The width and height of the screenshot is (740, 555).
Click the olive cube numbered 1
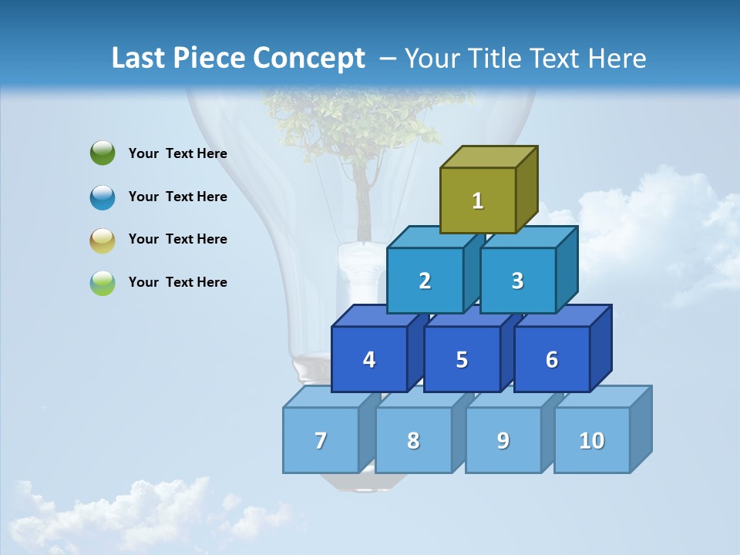coord(478,200)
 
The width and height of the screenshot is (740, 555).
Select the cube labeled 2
coord(425,281)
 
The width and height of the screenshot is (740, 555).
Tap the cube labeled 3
coord(517,281)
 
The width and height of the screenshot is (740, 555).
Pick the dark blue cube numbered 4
coord(369,359)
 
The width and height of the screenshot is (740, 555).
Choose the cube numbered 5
coord(462,359)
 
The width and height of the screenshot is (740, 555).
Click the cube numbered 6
coord(552,359)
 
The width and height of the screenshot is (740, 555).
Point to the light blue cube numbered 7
coord(321,440)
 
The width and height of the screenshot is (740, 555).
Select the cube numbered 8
coord(413,440)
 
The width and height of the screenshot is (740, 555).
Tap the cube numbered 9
coord(503,440)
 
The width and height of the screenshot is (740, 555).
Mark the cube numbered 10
coord(592,440)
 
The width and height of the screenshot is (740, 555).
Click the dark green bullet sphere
coord(103,153)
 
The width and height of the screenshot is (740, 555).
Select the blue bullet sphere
coord(103,197)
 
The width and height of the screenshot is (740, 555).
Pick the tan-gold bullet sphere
coord(103,240)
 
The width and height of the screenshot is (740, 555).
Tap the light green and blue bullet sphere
coord(103,283)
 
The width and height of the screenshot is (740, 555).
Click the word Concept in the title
coord(309,59)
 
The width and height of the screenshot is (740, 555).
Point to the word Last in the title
coord(140,59)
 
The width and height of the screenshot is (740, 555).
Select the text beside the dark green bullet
coord(178,153)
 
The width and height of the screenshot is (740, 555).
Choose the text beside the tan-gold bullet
coord(178,239)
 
